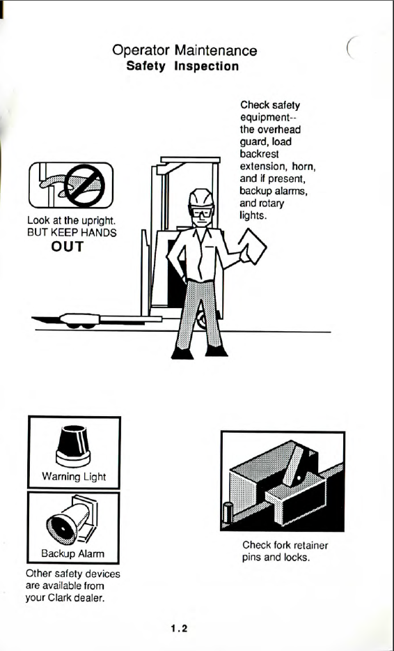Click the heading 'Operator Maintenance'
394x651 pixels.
[184, 51]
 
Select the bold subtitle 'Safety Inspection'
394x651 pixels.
[182, 66]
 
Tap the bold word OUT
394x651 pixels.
[68, 247]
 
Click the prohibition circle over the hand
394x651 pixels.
[85, 186]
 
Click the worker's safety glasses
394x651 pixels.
[202, 213]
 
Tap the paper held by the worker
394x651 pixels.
[253, 246]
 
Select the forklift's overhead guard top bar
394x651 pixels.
[190, 160]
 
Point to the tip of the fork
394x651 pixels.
[33, 319]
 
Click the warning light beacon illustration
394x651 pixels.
[73, 446]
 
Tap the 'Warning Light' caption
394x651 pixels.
[74, 477]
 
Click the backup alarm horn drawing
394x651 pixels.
[71, 519]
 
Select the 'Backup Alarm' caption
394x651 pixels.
[73, 553]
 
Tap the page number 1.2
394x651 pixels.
[179, 628]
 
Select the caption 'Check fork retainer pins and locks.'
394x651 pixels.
[285, 551]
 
